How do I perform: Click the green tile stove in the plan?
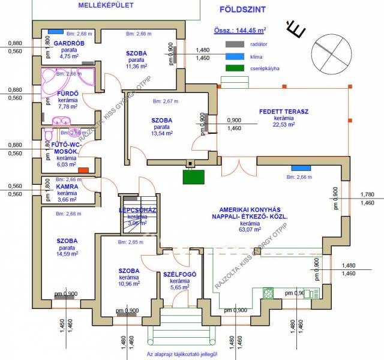tap(194, 176)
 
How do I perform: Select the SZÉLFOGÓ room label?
tap(179, 274)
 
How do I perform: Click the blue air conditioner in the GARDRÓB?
tap(56, 31)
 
